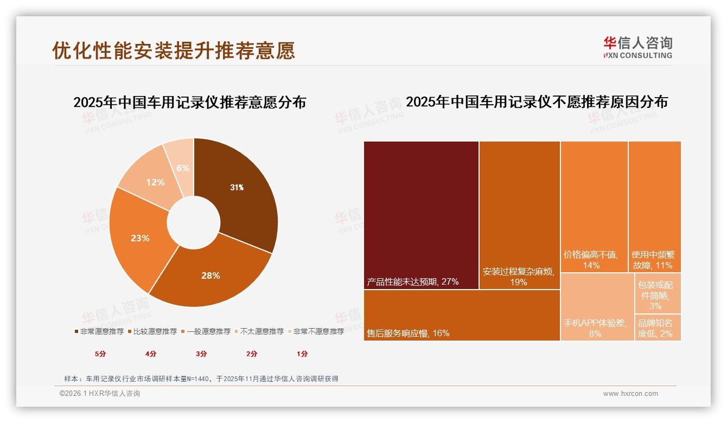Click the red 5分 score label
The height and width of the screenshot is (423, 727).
(x=101, y=354)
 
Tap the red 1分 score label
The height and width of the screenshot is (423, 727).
(x=302, y=354)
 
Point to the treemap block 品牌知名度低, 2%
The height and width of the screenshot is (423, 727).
(x=658, y=328)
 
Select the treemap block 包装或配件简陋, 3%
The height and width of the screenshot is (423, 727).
(x=658, y=293)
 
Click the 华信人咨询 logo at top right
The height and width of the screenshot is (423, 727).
(x=637, y=47)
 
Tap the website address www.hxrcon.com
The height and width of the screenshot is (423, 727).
(x=630, y=394)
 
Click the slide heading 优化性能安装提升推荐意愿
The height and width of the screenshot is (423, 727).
(x=174, y=50)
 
